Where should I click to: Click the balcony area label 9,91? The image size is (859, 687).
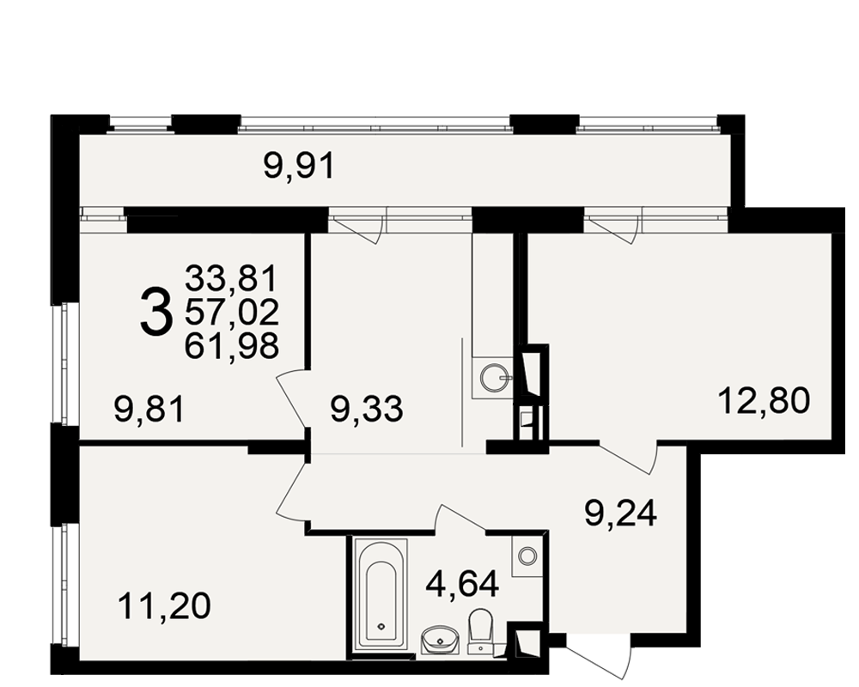pyautogui.click(x=299, y=166)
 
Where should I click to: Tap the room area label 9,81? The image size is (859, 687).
pyautogui.click(x=149, y=410)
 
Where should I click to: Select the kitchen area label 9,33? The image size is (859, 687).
pyautogui.click(x=367, y=409)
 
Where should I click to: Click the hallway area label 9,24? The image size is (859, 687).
pyautogui.click(x=620, y=514)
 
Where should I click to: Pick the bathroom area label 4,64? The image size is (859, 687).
pyautogui.click(x=462, y=584)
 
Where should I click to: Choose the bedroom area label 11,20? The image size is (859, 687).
pyautogui.click(x=164, y=606)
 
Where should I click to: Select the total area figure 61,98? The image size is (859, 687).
pyautogui.click(x=232, y=346)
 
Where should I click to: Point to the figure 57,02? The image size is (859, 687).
pyautogui.click(x=232, y=312)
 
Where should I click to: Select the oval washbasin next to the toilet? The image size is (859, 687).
pyautogui.click(x=441, y=641)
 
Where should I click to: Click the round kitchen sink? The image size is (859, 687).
pyautogui.click(x=492, y=376)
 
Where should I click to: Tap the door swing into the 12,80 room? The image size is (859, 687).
pyautogui.click(x=629, y=458)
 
